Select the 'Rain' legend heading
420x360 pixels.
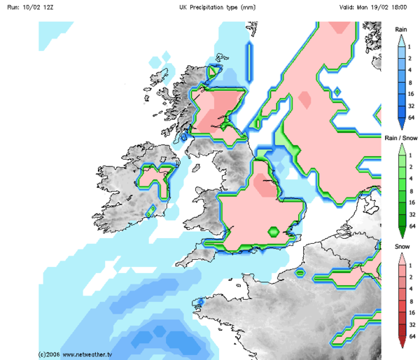tap(401, 29)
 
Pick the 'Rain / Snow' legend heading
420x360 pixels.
tap(401, 139)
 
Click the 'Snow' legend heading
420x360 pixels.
tap(401, 247)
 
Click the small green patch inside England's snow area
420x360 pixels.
tap(274, 231)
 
